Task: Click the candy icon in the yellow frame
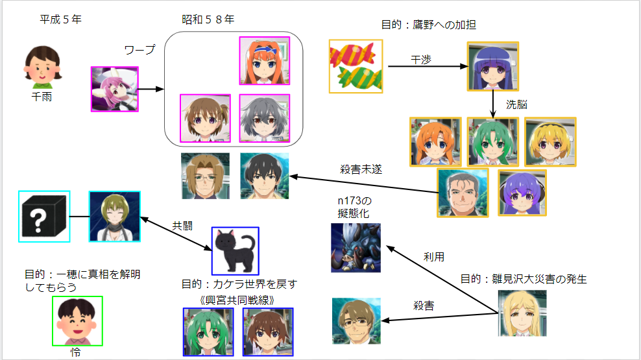[356, 66]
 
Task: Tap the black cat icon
[236, 250]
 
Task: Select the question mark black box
[44, 216]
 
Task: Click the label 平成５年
[61, 19]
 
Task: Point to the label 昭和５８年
[208, 19]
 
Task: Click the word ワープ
[139, 50]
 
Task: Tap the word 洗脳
[516, 104]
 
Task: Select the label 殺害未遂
[361, 169]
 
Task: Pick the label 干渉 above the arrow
[422, 60]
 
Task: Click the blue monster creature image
[356, 248]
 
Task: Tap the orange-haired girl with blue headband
[265, 61]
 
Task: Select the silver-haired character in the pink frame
[264, 119]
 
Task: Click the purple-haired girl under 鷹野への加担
[493, 66]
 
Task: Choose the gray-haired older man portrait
[462, 192]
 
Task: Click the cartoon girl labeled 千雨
[42, 67]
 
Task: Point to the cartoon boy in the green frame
[77, 321]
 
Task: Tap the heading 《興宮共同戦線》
[237, 299]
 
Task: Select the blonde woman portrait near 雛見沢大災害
[522, 313]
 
